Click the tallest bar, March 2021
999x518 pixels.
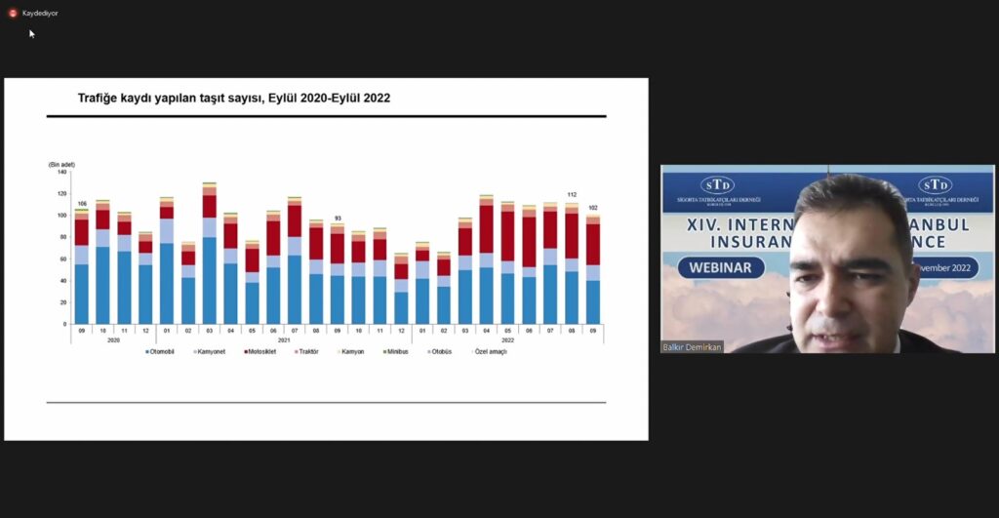pos(209,254)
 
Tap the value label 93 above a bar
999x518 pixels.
pos(338,218)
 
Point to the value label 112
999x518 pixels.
pos(572,194)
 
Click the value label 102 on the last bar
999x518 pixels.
pos(592,207)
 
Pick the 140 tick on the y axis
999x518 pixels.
pos(61,172)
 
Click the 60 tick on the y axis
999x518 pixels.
pos(62,259)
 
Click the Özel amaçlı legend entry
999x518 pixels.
pos(491,351)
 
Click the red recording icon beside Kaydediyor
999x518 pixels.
pos(13,13)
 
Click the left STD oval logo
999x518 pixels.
pos(717,185)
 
